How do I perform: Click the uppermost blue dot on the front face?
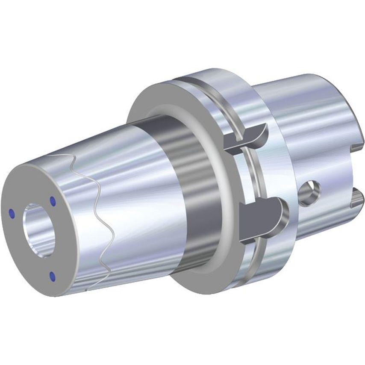[x=53, y=200]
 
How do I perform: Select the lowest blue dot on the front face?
[x=53, y=276]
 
